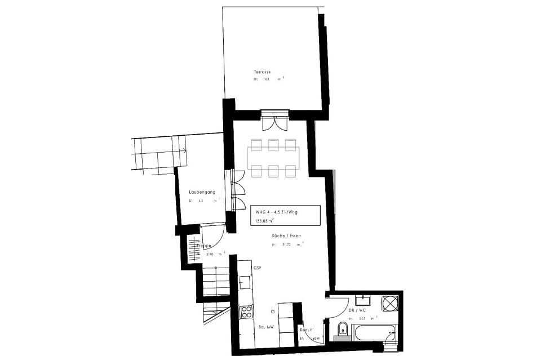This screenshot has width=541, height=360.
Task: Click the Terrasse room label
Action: click(263, 73)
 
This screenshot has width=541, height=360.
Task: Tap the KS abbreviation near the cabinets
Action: click(273, 311)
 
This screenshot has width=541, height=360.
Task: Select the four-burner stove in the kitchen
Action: click(246, 312)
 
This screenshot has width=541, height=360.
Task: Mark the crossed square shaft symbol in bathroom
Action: click(390, 304)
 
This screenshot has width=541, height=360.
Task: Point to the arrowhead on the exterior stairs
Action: click(184, 150)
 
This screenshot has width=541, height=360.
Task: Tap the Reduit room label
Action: click(306, 331)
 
